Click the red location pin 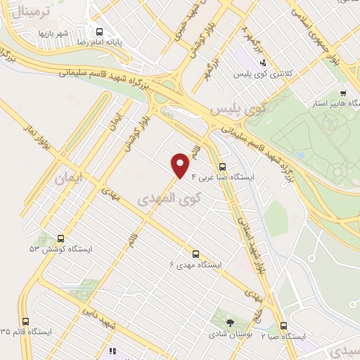pyautogui.click(x=181, y=165)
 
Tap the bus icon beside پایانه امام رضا pyautogui.click(x=99, y=32)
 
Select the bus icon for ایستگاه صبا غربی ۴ pyautogui.click(x=223, y=167)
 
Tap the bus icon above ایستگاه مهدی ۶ pyautogui.click(x=195, y=254)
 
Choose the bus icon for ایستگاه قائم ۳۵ pyautogui.click(x=26, y=321)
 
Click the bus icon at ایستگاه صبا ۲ pyautogui.click(x=283, y=326)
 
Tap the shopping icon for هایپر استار pyautogui.click(x=342, y=92)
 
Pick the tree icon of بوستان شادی pyautogui.click(x=230, y=323)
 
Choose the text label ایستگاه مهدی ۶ pyautogui.click(x=195, y=265)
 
